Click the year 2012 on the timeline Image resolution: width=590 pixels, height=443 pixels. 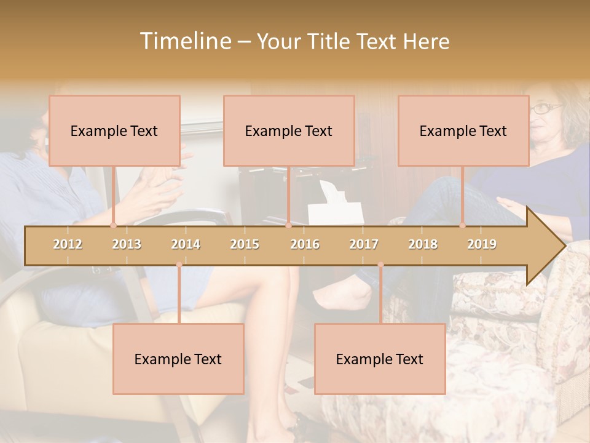coord(68,244)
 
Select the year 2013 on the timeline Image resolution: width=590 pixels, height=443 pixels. coord(127,244)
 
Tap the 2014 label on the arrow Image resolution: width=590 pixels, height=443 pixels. coord(186,244)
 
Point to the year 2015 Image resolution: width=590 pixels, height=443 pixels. coord(245,244)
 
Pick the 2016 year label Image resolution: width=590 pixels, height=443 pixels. coord(305,244)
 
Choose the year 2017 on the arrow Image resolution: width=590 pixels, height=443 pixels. coord(364,244)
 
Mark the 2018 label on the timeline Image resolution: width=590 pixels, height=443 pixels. coord(423,244)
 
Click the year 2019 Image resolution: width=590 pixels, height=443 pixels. coord(482,244)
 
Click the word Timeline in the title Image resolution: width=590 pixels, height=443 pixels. coord(184,41)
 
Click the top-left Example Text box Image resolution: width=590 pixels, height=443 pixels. coord(114,130)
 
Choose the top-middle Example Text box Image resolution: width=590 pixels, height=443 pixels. coord(289,130)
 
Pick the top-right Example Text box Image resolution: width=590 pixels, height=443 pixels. coord(463,130)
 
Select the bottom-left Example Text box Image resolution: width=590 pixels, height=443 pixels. coord(178,359)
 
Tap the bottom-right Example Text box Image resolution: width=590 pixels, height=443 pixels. coord(380,359)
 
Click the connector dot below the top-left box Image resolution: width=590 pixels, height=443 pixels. coord(114,226)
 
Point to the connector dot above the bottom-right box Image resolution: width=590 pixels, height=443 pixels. coord(380,265)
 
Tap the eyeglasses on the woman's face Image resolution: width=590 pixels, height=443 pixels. coord(546,109)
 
